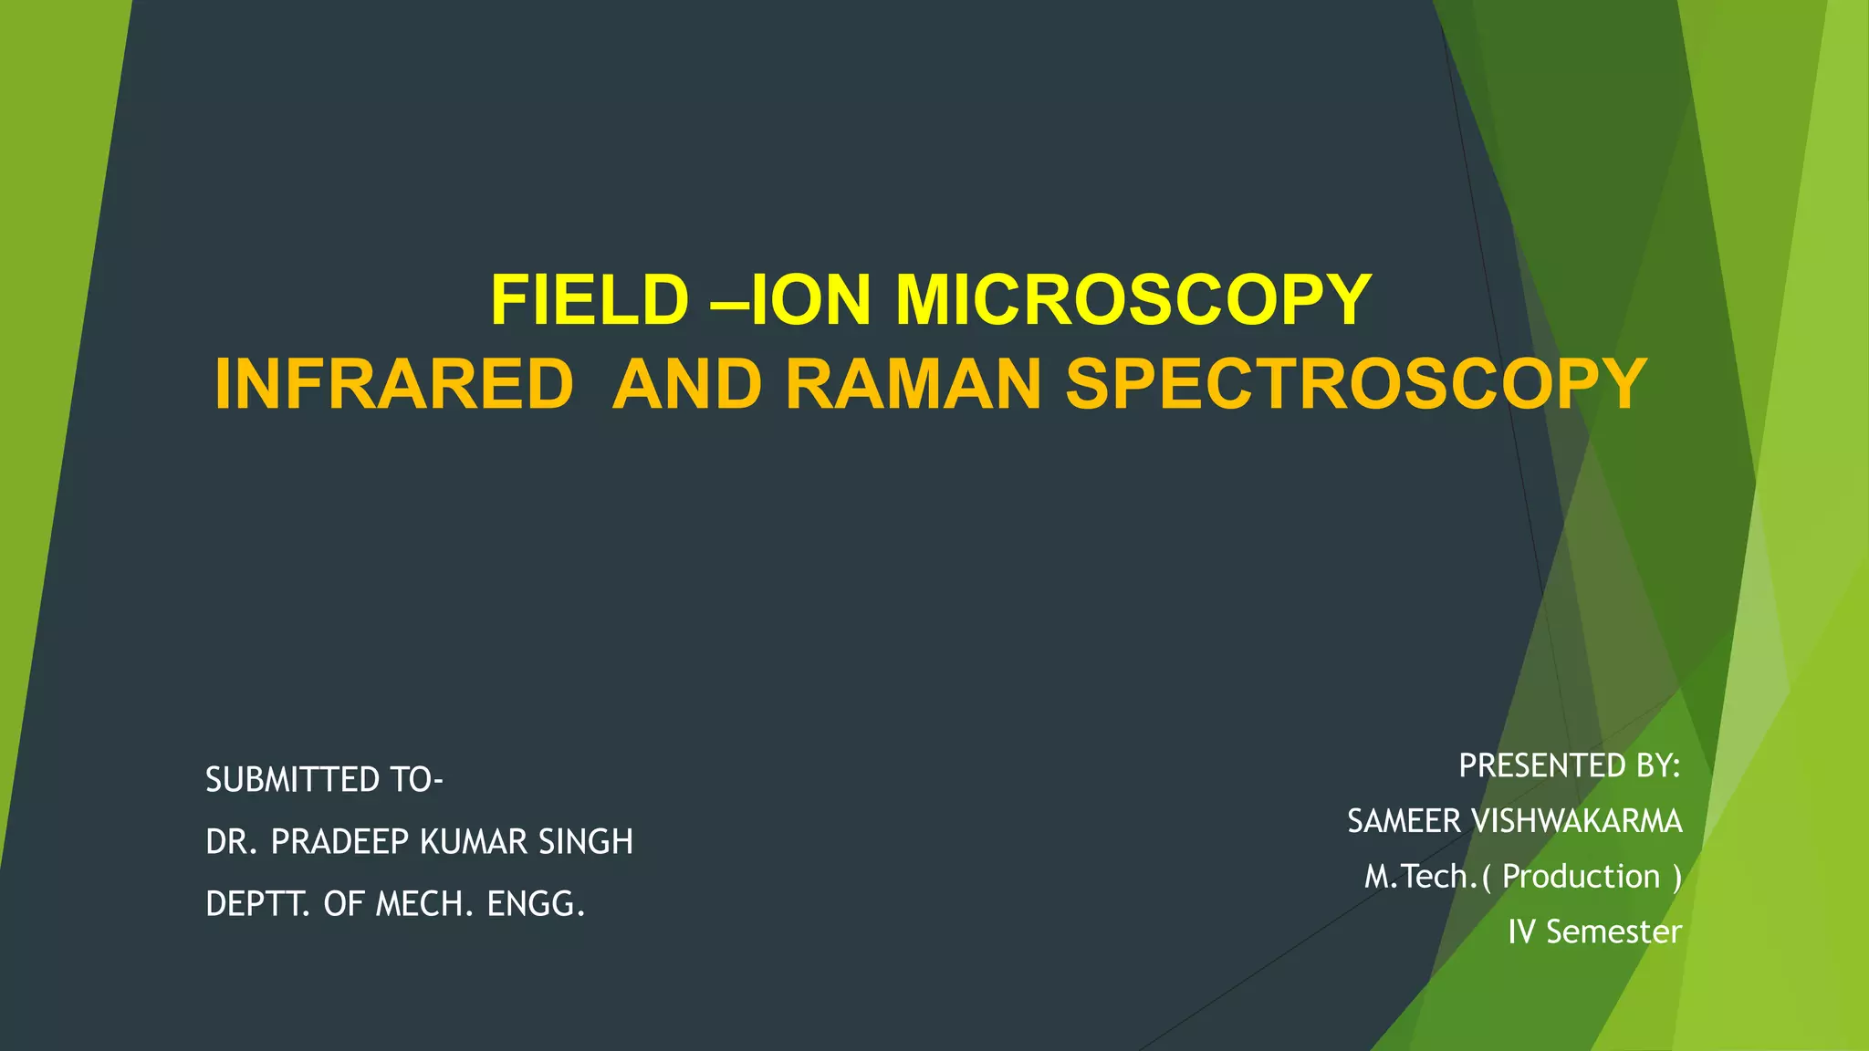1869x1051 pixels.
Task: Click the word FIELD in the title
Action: tap(590, 300)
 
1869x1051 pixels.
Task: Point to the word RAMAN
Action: tap(913, 384)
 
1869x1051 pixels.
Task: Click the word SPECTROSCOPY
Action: tap(1356, 384)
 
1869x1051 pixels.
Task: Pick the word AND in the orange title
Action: tap(686, 384)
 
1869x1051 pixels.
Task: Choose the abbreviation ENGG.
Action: tap(536, 904)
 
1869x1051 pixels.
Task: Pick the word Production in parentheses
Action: tap(1581, 877)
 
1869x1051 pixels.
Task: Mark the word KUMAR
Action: tap(474, 842)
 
